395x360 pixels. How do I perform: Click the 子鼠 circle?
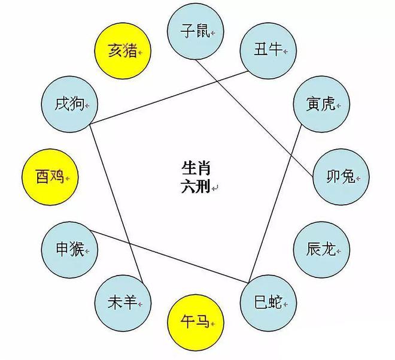coord(196,31)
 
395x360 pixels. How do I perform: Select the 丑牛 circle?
coord(268,50)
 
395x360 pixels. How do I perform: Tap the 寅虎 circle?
coord(321,104)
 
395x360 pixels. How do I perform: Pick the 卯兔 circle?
coord(341,177)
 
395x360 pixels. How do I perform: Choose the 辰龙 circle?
coord(322,250)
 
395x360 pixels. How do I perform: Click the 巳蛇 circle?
coord(268,303)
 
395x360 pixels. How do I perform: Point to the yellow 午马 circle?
coord(196,322)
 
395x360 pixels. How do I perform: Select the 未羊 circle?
coord(123,303)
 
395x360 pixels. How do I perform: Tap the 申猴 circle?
coord(69,250)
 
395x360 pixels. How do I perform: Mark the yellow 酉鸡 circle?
coord(50,177)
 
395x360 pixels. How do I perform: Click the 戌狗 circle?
coord(69,104)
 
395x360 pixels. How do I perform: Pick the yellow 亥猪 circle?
coord(123,51)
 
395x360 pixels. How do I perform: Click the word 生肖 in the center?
coord(196,168)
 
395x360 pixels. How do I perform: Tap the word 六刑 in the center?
coord(196,186)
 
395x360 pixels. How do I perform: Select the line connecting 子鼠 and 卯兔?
coord(255,118)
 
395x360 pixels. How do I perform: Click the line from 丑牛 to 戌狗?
coord(169,98)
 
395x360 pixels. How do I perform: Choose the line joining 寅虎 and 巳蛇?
coord(275,204)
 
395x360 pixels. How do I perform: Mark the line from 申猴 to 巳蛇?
coord(169,256)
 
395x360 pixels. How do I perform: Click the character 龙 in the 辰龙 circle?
coord(329,249)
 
